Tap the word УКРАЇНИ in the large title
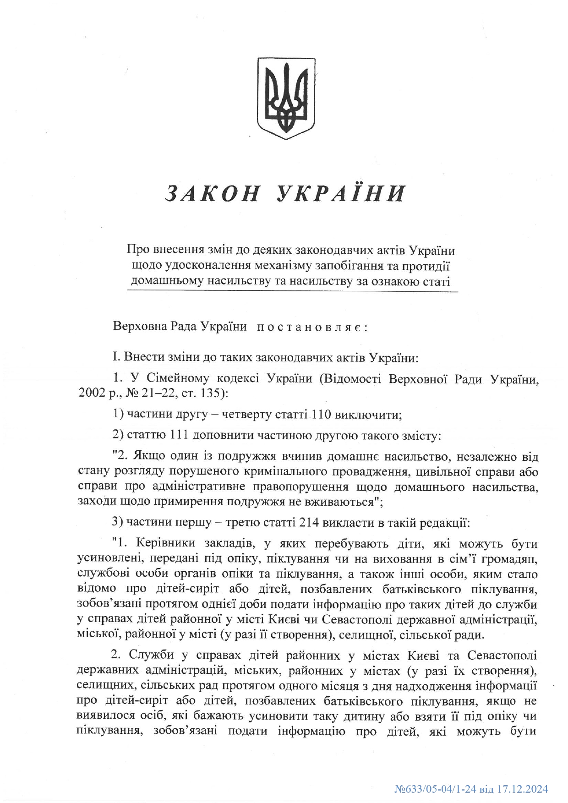coord(341,193)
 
